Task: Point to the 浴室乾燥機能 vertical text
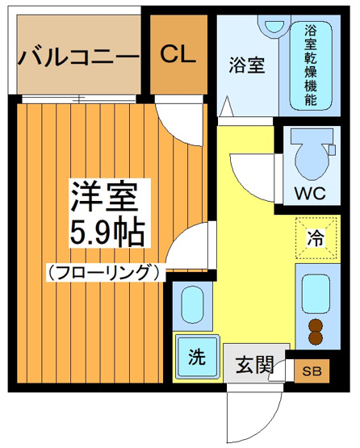(x=310, y=65)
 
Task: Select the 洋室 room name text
(x=103, y=196)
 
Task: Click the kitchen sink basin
(x=312, y=295)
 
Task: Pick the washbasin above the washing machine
(x=193, y=304)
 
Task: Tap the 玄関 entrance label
(x=251, y=364)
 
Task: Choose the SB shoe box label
(x=311, y=371)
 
